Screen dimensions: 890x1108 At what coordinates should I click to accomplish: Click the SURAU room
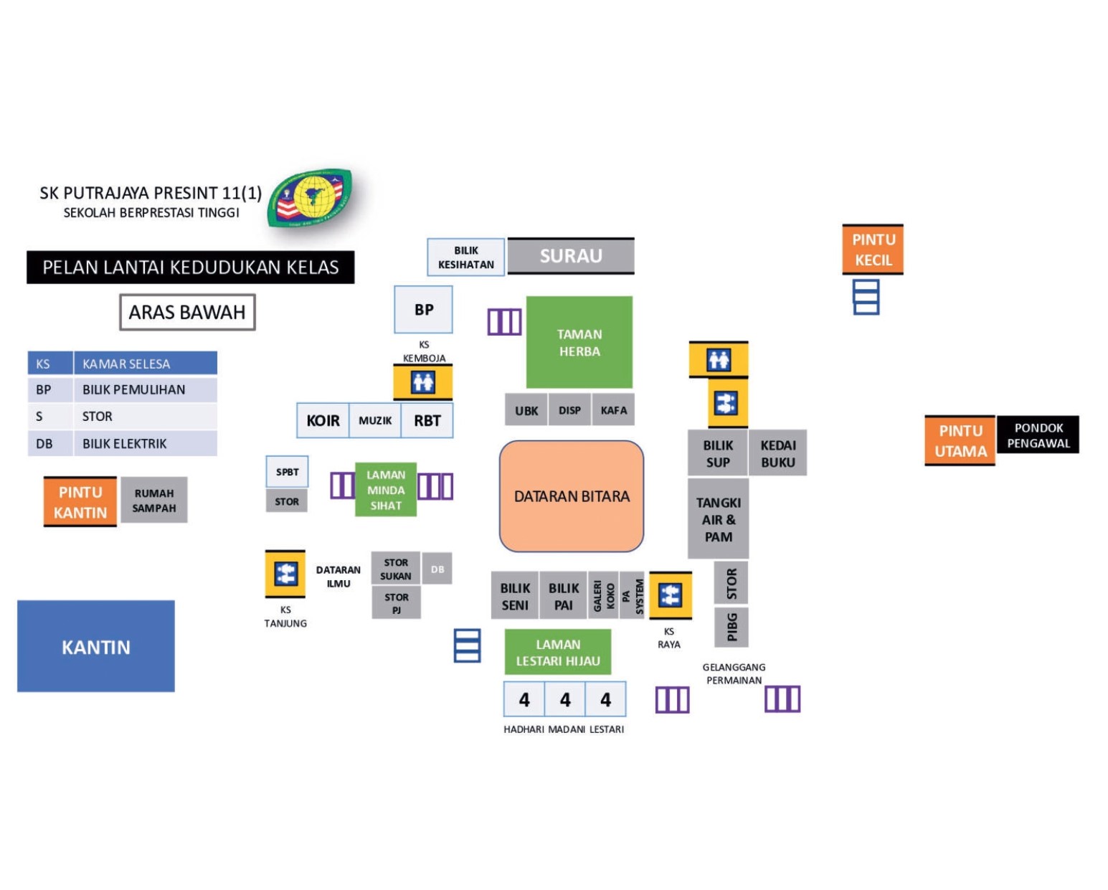click(571, 256)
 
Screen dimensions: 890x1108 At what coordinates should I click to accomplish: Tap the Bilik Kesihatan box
click(466, 257)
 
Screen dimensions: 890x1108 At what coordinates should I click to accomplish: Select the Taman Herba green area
click(579, 343)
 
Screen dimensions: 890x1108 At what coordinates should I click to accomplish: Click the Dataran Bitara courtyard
click(572, 496)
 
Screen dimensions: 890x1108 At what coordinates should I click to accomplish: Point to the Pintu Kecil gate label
click(873, 250)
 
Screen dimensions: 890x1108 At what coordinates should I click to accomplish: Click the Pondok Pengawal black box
click(1038, 435)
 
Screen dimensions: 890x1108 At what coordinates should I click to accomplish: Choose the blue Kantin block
click(96, 646)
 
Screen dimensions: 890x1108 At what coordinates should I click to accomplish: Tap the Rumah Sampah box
click(154, 501)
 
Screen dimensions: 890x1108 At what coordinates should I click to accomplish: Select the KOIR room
click(323, 421)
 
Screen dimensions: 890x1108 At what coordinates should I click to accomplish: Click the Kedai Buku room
click(778, 453)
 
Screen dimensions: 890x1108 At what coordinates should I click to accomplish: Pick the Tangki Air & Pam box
click(718, 520)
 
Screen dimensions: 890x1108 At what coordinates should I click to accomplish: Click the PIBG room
click(731, 627)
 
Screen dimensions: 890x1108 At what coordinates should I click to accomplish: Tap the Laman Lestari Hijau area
click(558, 653)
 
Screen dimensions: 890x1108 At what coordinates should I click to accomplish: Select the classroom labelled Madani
click(565, 700)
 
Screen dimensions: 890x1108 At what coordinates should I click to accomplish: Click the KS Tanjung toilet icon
click(285, 574)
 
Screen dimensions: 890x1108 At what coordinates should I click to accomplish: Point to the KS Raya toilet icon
click(671, 595)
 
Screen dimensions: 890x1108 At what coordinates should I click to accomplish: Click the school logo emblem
click(311, 197)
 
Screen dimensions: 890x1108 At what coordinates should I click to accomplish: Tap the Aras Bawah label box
click(187, 313)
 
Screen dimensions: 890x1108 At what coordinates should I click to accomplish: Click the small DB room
click(437, 569)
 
